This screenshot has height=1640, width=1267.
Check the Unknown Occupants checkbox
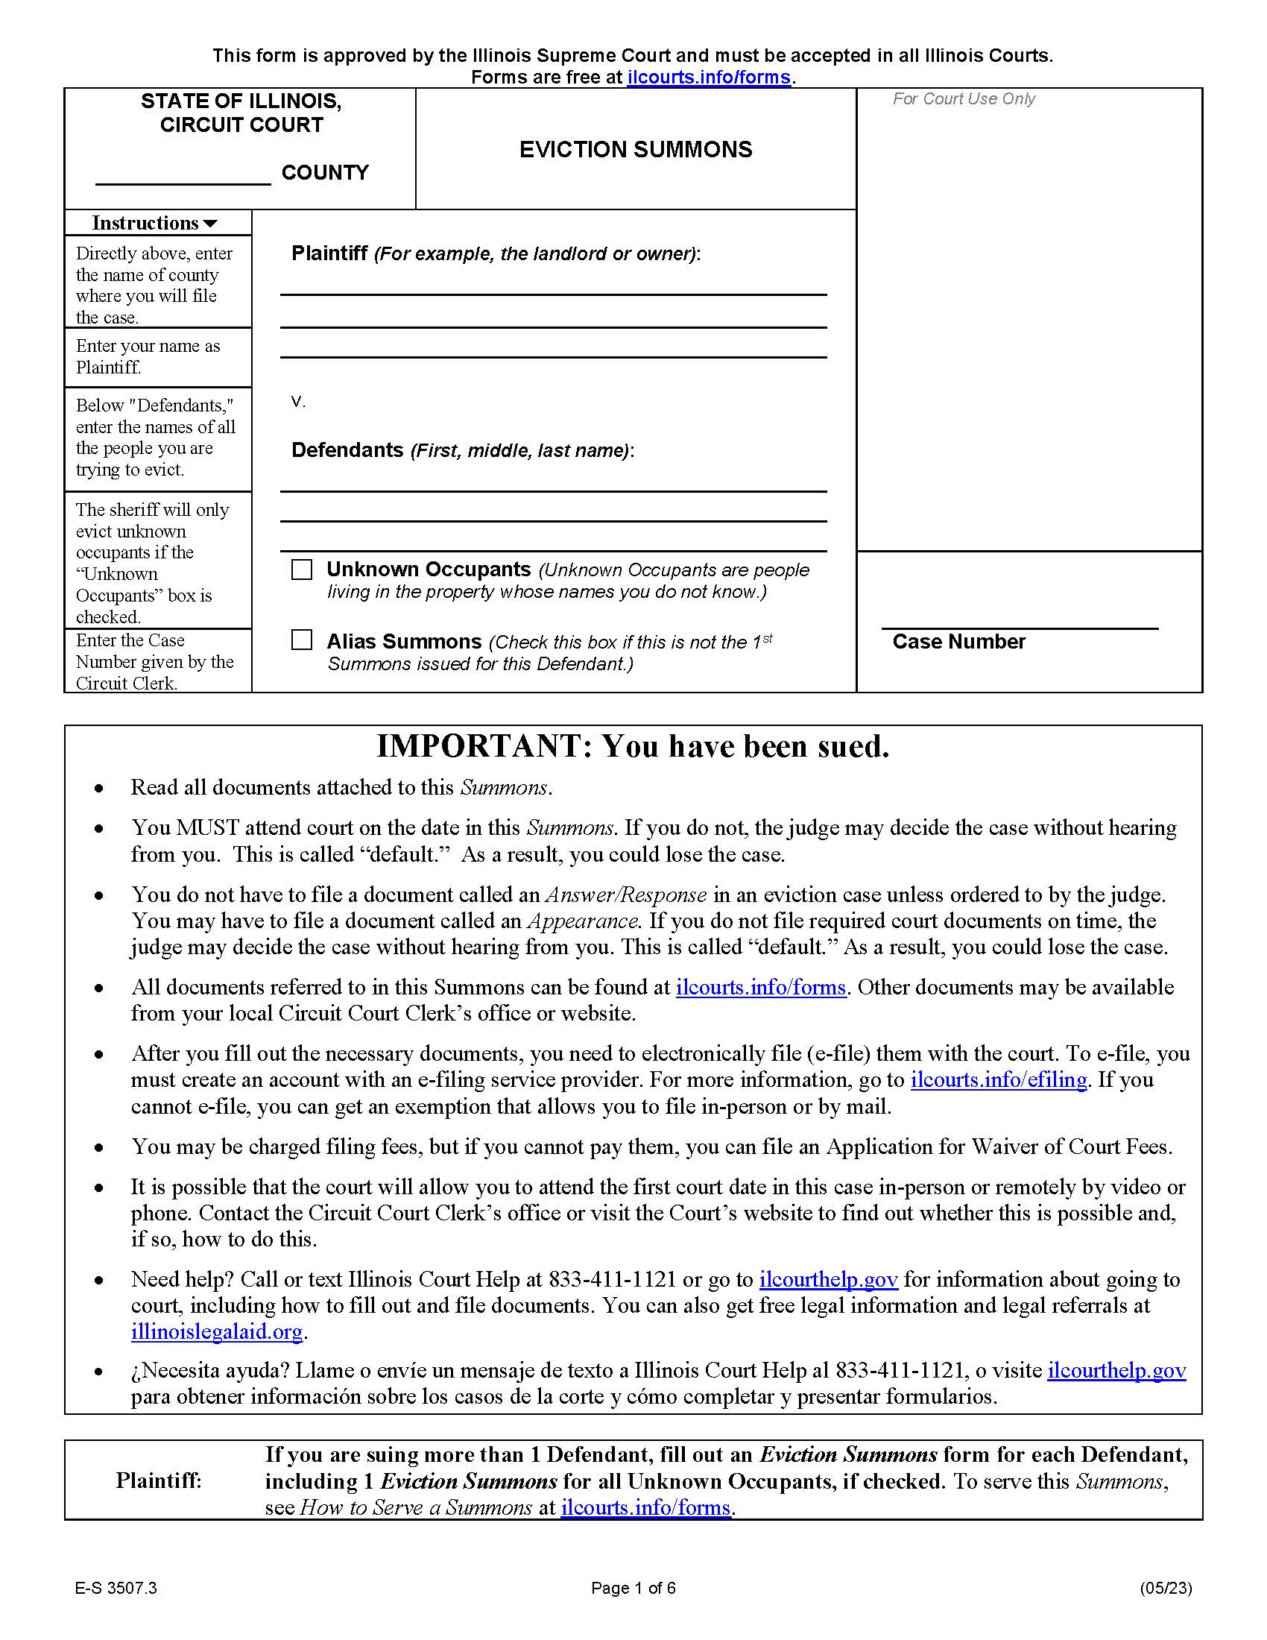pyautogui.click(x=301, y=570)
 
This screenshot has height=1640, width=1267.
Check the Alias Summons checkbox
pyautogui.click(x=301, y=640)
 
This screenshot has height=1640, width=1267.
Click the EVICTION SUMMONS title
pyautogui.click(x=635, y=149)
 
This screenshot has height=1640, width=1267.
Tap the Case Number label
pyautogui.click(x=958, y=641)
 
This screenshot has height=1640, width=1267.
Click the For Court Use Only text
pyautogui.click(x=963, y=99)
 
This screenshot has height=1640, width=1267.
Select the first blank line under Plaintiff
pyautogui.click(x=553, y=288)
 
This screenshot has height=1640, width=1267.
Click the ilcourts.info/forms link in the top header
pyautogui.click(x=708, y=78)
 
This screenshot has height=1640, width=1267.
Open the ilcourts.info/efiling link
pyautogui.click(x=998, y=1080)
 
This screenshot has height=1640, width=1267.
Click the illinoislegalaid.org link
pyautogui.click(x=216, y=1331)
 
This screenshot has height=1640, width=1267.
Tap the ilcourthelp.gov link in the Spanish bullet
pyautogui.click(x=1116, y=1370)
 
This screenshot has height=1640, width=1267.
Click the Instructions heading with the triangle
pyautogui.click(x=154, y=223)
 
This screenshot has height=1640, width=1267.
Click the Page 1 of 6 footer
pyautogui.click(x=633, y=1587)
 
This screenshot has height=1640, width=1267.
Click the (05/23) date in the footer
pyautogui.click(x=1165, y=1587)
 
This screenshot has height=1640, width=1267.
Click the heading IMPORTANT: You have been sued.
pyautogui.click(x=633, y=746)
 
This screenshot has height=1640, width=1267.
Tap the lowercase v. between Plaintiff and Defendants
pyautogui.click(x=298, y=402)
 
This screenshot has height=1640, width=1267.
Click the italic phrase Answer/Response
pyautogui.click(x=626, y=895)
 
